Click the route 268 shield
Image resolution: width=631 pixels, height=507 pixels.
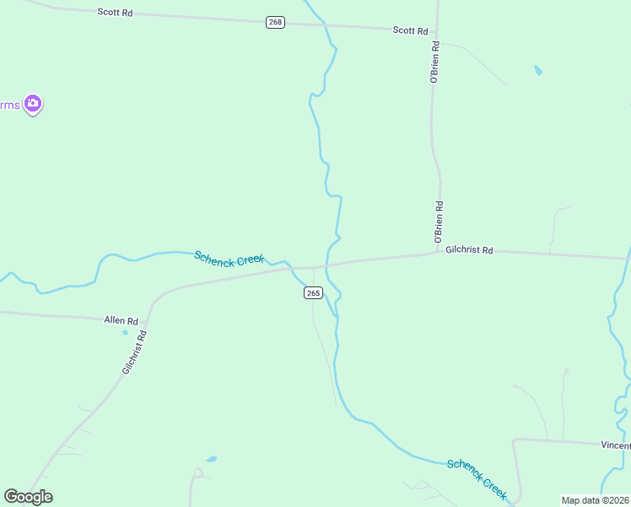(x=275, y=22)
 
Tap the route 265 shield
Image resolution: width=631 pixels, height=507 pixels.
(x=312, y=292)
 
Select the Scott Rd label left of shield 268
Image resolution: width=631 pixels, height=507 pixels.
(x=115, y=14)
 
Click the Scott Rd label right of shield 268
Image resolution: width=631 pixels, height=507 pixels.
(x=410, y=30)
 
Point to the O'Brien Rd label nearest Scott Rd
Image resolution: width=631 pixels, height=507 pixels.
(x=435, y=62)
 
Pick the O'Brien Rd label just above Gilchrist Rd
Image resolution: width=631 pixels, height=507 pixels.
(x=439, y=222)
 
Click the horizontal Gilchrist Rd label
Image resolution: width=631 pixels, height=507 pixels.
(x=469, y=250)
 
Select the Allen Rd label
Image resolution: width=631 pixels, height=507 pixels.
(x=121, y=321)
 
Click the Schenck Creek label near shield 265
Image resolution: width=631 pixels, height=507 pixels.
(x=229, y=258)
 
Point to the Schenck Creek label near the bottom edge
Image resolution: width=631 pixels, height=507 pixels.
(x=477, y=479)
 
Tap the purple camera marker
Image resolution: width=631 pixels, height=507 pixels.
(x=33, y=105)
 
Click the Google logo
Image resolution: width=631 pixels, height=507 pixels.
(x=28, y=497)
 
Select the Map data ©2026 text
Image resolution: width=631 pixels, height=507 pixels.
(x=595, y=500)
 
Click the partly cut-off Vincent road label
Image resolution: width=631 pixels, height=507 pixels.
(x=615, y=444)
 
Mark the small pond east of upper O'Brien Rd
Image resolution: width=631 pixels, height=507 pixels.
(x=538, y=70)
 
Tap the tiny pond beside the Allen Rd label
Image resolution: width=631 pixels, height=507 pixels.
(x=125, y=332)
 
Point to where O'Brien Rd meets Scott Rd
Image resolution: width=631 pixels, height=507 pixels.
(x=438, y=31)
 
